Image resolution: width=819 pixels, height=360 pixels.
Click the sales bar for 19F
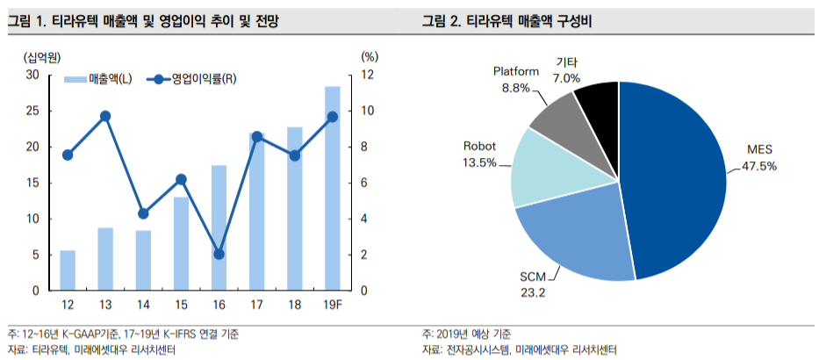pos(332,189)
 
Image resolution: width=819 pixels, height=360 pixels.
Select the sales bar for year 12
pos(68,270)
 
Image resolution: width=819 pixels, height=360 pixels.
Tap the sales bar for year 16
pos(219,227)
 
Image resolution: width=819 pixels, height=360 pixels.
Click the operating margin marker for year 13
pos(105,116)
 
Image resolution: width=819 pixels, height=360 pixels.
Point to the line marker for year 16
pos(219,254)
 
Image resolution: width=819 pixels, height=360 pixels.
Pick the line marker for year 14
pos(143,213)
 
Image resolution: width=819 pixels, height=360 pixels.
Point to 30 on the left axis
pos(32,75)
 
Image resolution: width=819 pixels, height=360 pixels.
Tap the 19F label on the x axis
pos(332,304)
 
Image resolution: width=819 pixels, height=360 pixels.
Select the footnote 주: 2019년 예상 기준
pos(467,335)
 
